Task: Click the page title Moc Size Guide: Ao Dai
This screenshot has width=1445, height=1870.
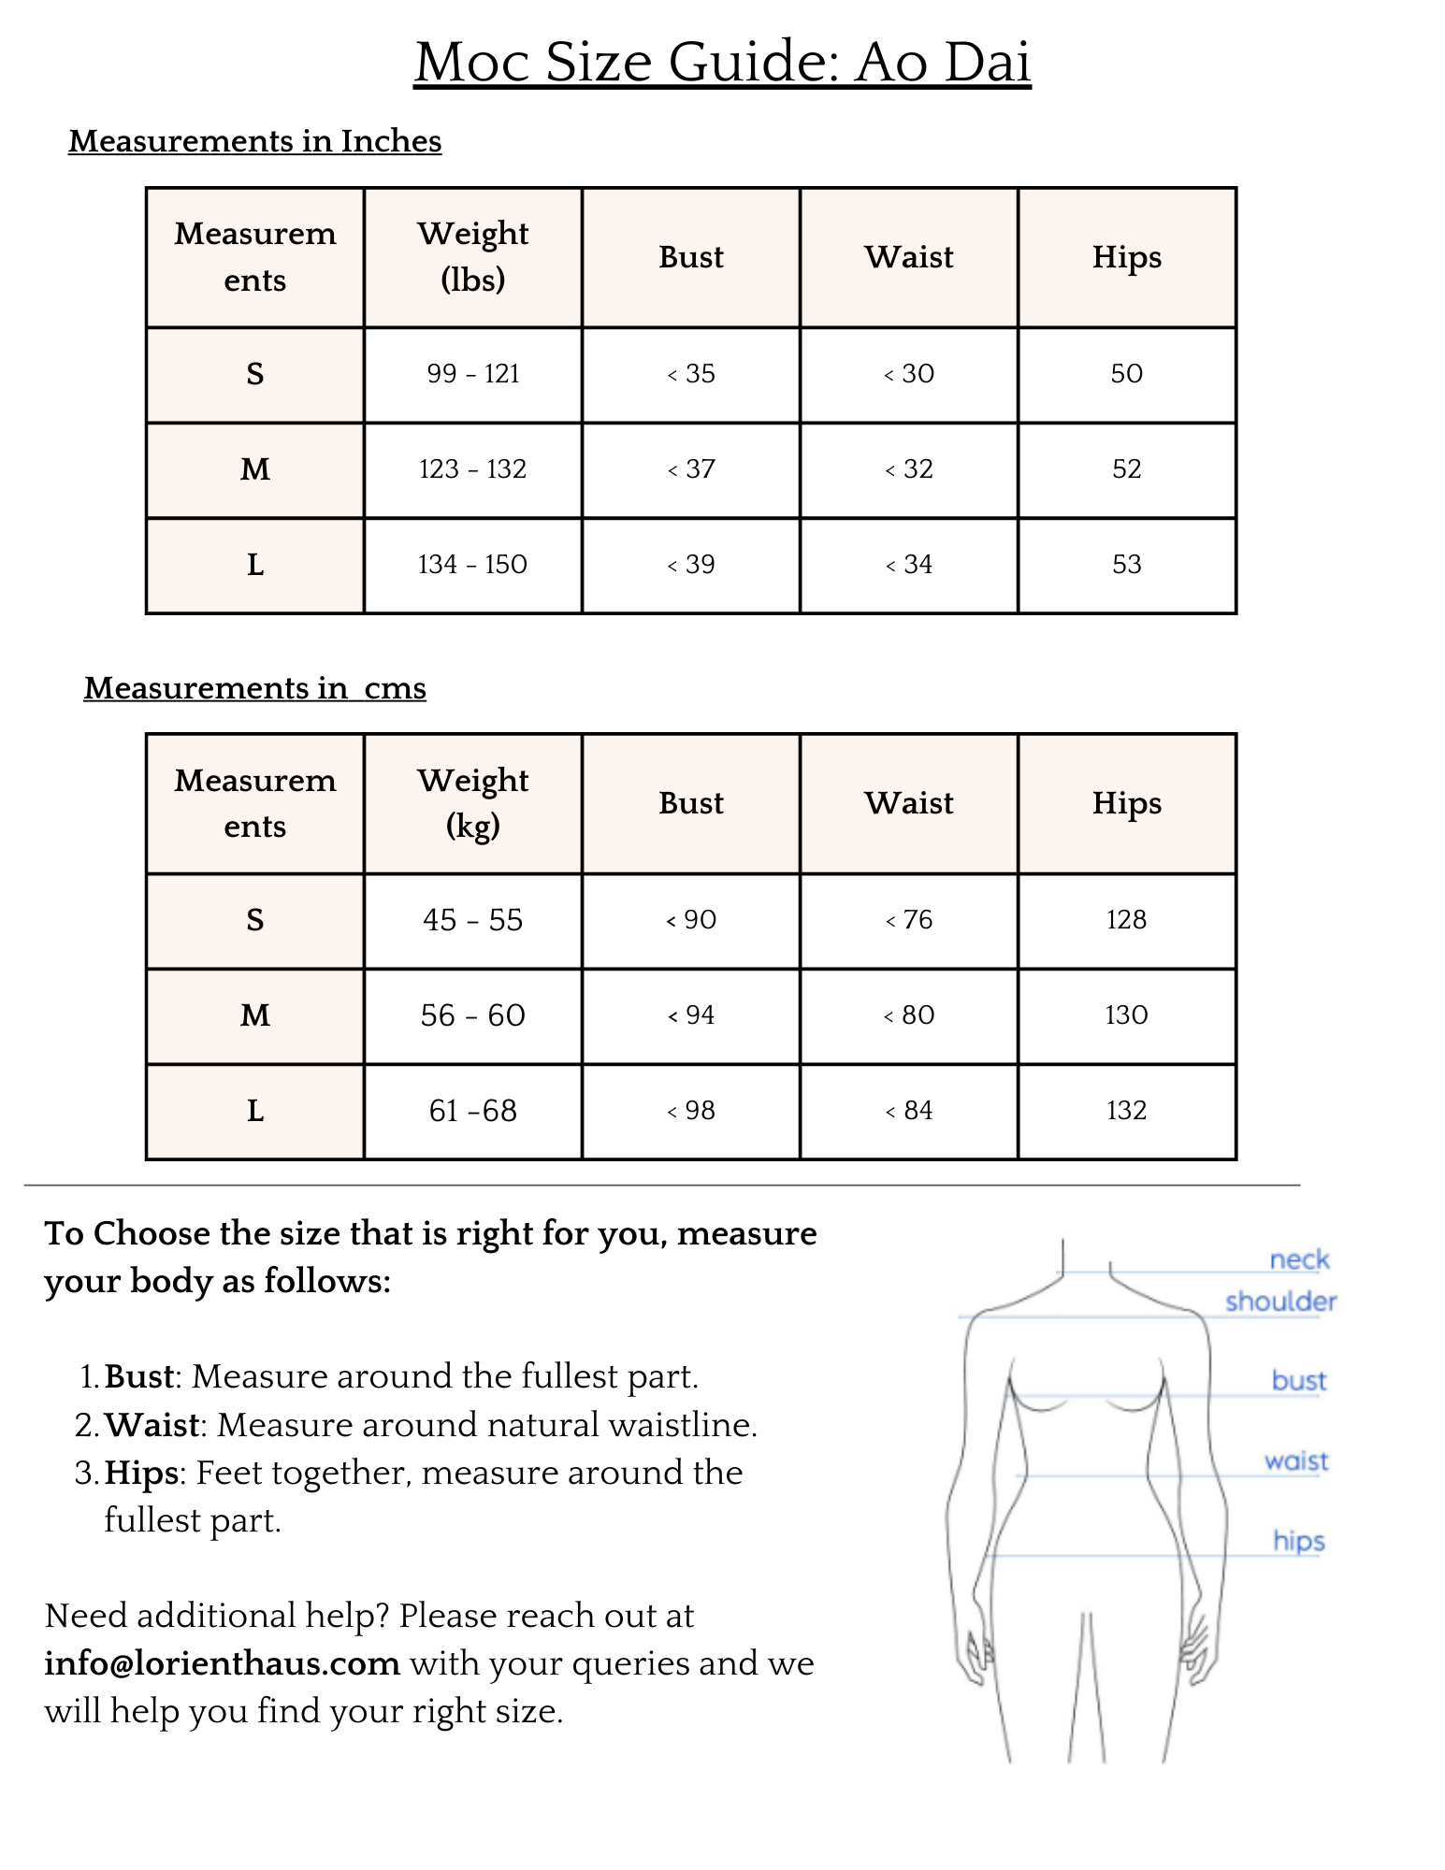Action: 722,62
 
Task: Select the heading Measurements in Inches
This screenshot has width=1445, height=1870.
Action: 254,141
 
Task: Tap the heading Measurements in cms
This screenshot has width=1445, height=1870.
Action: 254,688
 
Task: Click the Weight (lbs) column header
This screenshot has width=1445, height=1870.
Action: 473,256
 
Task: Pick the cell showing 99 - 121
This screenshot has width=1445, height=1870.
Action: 473,374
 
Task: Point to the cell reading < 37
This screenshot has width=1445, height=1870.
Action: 691,469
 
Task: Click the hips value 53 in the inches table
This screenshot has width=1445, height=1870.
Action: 1126,565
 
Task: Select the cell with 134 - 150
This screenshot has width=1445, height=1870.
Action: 473,565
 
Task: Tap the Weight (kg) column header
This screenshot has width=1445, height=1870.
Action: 473,803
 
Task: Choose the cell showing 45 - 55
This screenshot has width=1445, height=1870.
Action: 473,920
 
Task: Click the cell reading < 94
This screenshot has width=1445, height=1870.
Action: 691,1015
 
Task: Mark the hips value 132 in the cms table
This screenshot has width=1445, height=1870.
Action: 1126,1111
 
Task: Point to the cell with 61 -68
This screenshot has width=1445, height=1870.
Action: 473,1111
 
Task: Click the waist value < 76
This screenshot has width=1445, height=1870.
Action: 909,920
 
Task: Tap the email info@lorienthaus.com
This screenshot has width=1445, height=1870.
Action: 223,1663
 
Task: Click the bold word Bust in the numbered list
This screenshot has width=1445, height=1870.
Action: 139,1376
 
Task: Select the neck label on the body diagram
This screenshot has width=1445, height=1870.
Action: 1299,1259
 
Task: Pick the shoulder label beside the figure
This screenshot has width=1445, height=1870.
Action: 1280,1302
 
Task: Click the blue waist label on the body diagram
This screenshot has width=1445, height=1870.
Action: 1296,1460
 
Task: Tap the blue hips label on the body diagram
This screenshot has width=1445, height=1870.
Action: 1299,1540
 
